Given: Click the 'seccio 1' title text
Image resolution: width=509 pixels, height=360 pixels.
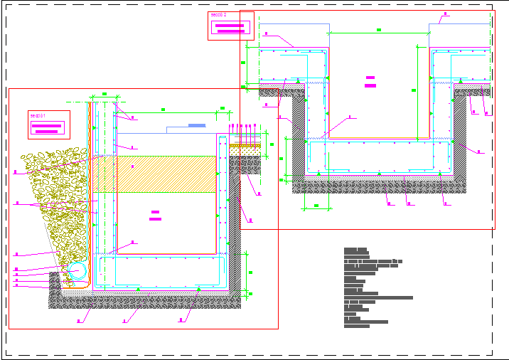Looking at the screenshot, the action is tap(38, 115).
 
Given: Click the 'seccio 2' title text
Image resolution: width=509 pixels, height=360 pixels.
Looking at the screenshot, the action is tap(219, 15).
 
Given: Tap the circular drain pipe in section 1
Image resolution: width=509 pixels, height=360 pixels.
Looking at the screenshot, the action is tap(77, 271).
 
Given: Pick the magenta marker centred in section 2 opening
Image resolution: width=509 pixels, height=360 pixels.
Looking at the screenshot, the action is tap(370, 82).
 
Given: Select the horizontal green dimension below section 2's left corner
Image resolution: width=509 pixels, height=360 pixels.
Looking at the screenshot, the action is tap(316, 207).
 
